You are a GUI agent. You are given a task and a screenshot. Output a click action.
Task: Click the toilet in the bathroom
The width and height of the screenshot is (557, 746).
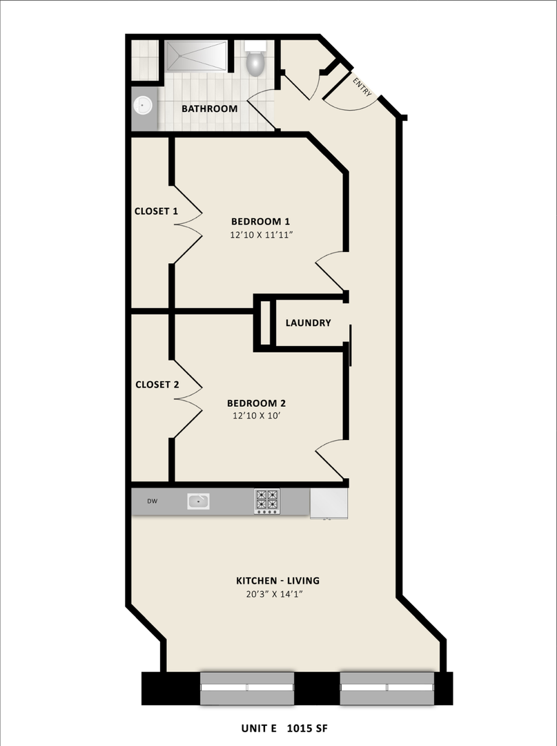[255, 61]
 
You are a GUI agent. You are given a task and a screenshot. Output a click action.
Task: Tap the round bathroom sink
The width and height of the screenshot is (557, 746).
[144, 106]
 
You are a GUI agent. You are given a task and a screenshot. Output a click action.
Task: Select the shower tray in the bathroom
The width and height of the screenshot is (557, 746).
[195, 56]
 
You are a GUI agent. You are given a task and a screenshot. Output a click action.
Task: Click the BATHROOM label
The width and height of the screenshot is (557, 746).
[209, 108]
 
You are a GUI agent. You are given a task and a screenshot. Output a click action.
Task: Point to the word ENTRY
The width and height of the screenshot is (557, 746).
[362, 87]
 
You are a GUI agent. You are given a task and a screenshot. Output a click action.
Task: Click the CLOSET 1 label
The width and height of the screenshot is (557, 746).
[156, 211]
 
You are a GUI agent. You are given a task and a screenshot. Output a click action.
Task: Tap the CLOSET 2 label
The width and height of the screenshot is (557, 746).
[157, 385]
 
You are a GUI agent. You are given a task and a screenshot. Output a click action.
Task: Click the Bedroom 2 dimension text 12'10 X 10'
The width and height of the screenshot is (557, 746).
[257, 416]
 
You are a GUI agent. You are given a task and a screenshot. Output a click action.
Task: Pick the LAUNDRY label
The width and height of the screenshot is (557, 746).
[308, 323]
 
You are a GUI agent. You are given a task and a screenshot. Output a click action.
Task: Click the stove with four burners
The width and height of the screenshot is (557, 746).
[267, 501]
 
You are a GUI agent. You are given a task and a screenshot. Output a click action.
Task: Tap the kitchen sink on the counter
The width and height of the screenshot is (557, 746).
[198, 501]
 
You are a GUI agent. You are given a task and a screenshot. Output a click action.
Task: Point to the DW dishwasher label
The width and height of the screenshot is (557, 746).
[151, 501]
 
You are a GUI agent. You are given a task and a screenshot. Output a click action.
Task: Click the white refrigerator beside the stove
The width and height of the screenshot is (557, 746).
[329, 502]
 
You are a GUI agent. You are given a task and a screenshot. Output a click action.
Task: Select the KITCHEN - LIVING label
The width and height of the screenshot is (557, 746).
[277, 580]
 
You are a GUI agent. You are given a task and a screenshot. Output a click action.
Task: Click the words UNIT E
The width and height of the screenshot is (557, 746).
[260, 728]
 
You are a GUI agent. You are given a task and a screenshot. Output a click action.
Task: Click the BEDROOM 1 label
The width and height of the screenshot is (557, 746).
[260, 222]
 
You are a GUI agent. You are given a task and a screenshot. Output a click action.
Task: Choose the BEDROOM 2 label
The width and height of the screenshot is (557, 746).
[257, 403]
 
